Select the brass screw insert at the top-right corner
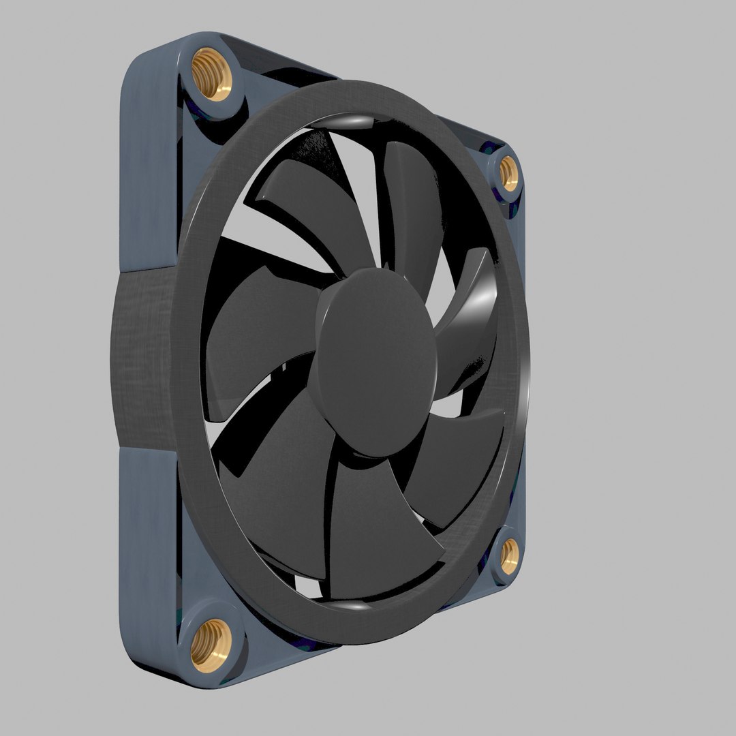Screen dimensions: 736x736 (508, 174)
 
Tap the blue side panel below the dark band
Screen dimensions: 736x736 (147, 545)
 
